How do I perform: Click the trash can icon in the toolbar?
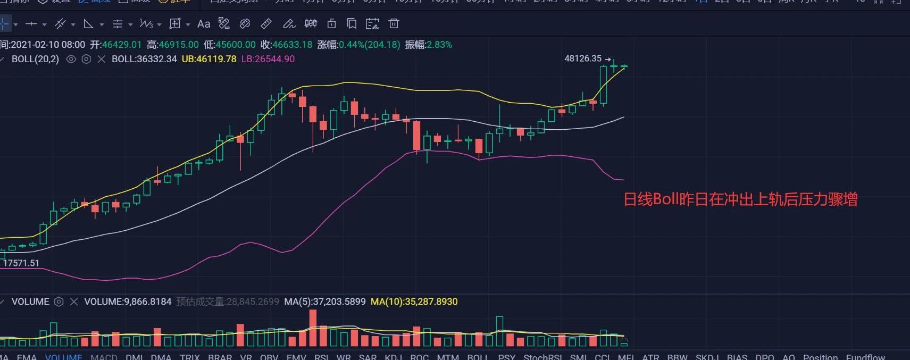point(394,23)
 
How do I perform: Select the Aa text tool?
point(203,23)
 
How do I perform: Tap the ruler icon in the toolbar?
point(266,23)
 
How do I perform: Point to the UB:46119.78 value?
point(209,59)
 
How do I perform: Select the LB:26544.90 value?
point(268,59)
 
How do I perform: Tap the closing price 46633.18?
point(292,45)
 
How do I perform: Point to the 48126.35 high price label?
point(583,58)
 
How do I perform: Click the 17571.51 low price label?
point(21,263)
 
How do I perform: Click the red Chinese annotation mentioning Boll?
point(740,199)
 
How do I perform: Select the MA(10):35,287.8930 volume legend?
point(414,302)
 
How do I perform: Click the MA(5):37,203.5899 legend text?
point(324,302)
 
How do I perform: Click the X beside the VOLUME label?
point(74,302)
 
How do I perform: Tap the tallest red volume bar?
point(313,328)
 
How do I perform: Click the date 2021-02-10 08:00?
point(48,45)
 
